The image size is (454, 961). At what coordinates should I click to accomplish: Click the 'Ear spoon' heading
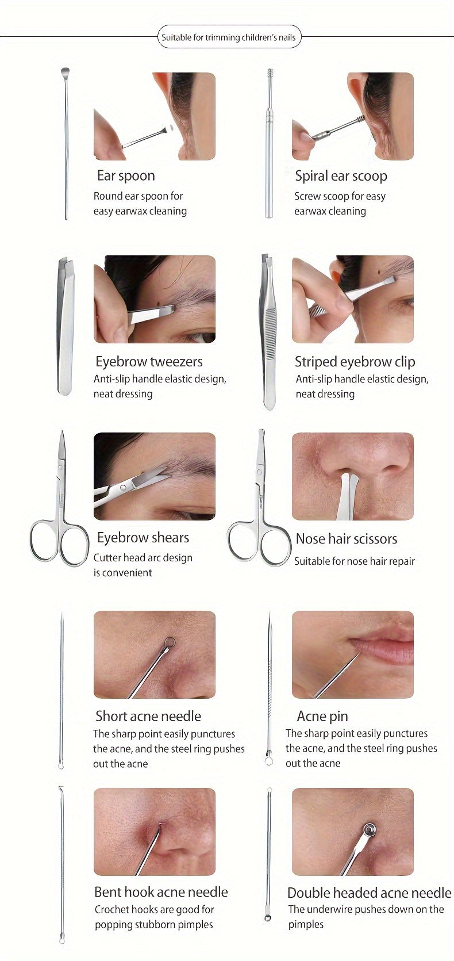tap(126, 176)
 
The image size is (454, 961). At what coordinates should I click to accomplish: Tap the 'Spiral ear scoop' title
tap(341, 176)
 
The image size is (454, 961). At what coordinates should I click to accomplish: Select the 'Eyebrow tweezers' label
tap(149, 362)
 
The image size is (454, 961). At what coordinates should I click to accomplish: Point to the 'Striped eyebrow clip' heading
tap(355, 362)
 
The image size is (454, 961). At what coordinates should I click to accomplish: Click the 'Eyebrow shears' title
tap(143, 538)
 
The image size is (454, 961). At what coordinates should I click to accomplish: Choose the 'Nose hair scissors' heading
tap(347, 539)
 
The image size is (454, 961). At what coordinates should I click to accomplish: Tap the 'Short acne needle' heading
tap(148, 716)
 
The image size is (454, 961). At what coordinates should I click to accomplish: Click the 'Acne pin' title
tap(322, 716)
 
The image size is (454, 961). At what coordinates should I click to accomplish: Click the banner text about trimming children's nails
tap(229, 37)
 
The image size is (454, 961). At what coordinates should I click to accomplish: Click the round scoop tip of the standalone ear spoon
tap(65, 71)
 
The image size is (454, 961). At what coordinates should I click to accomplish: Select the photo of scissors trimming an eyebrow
tap(155, 476)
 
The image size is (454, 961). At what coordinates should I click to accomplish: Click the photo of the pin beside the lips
tap(353, 654)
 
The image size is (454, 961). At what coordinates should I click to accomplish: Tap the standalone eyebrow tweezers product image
tap(66, 326)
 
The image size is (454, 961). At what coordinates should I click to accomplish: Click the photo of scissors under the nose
tap(353, 476)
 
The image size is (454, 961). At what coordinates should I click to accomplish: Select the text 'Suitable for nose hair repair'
tap(355, 561)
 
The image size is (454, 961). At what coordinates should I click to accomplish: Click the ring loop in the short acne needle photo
tap(170, 642)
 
